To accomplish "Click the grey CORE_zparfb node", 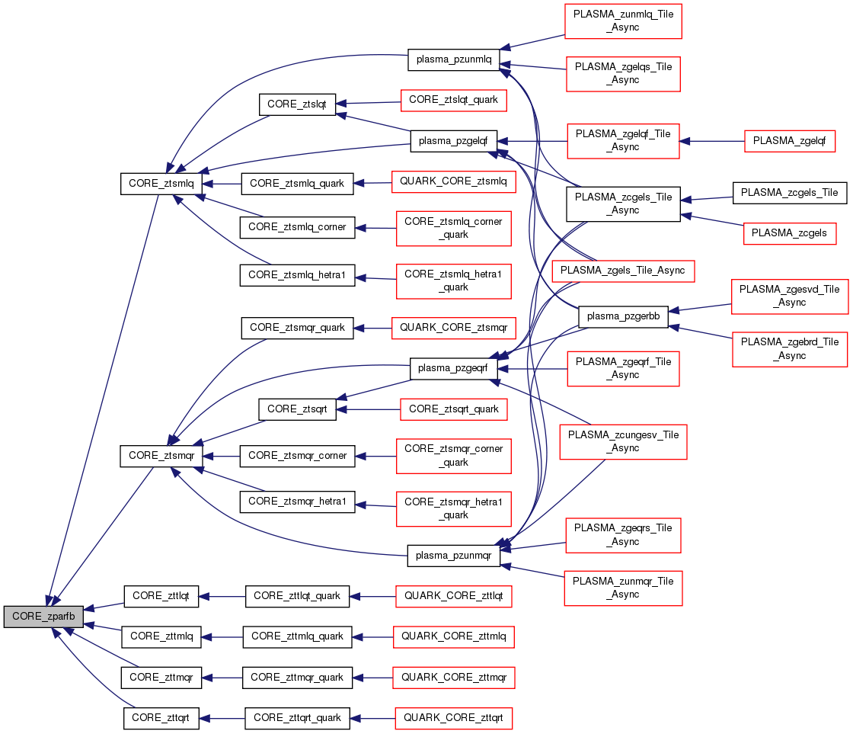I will (x=43, y=617).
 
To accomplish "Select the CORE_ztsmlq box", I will (x=161, y=184).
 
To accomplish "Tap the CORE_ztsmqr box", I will (x=161, y=456).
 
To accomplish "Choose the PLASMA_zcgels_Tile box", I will (x=789, y=192).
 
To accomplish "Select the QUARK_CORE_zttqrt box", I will (x=453, y=718).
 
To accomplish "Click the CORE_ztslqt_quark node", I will (x=453, y=100).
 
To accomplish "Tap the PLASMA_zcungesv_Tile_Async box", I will (x=623, y=442).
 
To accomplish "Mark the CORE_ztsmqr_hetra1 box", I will (x=297, y=502).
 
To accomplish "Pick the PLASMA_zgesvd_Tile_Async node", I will (x=789, y=296).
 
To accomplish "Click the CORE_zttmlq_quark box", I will (x=297, y=636).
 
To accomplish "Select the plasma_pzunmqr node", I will (x=453, y=556).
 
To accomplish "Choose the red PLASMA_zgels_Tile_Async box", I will (x=623, y=270).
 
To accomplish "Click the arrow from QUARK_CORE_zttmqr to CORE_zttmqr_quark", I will (x=372, y=678).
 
